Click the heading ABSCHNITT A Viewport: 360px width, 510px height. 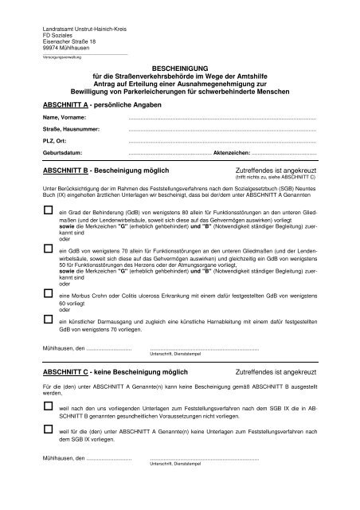click(68, 104)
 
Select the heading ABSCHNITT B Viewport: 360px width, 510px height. click(68, 171)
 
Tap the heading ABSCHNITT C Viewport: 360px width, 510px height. click(68, 372)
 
